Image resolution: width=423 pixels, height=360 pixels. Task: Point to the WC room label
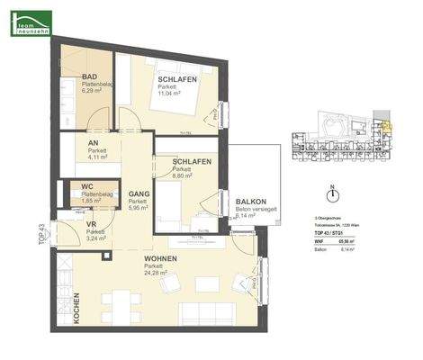(x=88, y=187)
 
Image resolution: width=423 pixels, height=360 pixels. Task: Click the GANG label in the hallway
(x=138, y=194)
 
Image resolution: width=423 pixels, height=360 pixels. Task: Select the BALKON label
(x=249, y=202)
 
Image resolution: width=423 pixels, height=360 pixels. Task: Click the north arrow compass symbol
(x=332, y=193)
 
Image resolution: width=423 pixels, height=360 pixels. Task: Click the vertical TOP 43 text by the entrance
(x=40, y=235)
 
